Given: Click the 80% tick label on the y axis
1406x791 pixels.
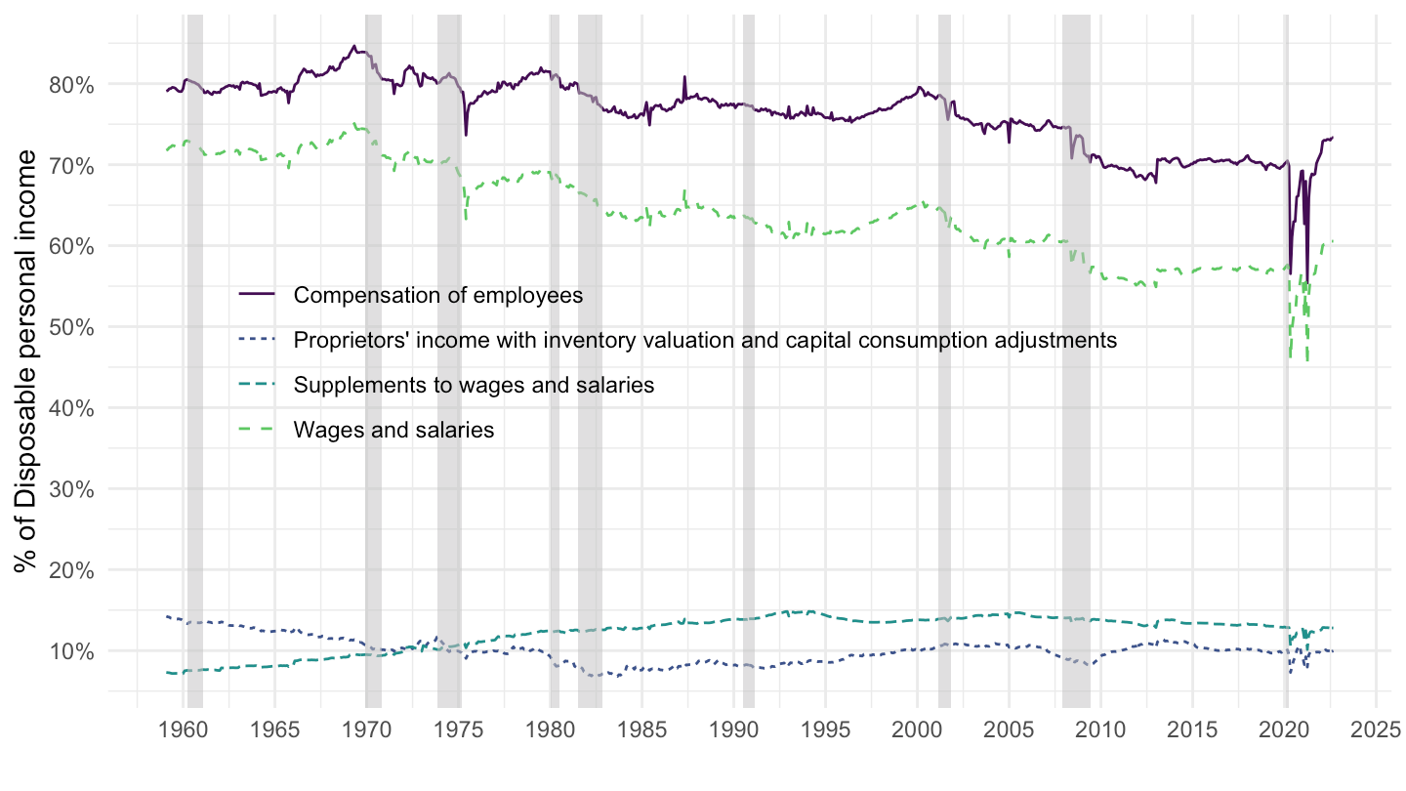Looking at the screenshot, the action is click(71, 85).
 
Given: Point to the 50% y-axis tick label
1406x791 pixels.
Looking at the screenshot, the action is click(71, 327).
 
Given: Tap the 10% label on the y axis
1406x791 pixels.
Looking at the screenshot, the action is click(71, 651).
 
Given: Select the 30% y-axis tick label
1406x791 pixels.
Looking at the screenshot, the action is click(71, 489).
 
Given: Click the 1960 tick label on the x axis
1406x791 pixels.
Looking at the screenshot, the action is click(184, 730).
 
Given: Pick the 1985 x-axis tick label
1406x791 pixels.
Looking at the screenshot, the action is click(642, 730).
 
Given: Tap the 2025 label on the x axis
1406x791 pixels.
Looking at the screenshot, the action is click(1376, 730).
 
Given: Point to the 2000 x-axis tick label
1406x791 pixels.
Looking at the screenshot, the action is click(917, 730).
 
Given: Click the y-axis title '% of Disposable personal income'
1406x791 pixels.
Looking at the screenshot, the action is click(25, 361).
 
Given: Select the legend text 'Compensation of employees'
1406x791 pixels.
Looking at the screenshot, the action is click(438, 295).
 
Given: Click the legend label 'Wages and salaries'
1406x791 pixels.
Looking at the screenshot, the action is click(393, 430).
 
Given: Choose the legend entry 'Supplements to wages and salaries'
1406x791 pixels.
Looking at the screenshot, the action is click(474, 385).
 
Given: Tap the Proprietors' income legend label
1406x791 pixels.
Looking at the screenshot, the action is click(705, 340).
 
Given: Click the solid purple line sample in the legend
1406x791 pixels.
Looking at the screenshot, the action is click(257, 294).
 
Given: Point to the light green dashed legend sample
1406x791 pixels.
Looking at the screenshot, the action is click(257, 429).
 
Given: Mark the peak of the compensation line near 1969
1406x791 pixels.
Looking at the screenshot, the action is click(354, 46).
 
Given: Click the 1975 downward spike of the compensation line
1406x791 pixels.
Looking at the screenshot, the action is click(466, 135).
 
